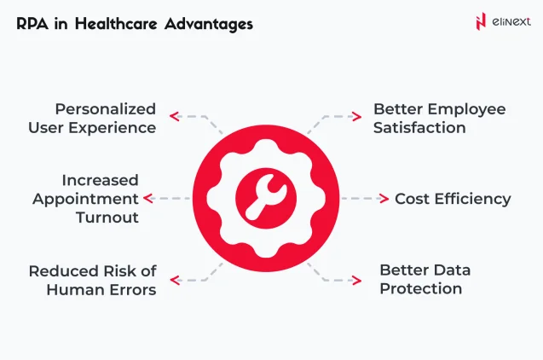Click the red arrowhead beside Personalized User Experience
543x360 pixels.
click(173, 114)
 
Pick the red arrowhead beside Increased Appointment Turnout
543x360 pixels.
click(148, 199)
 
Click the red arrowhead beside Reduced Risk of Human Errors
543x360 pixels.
click(173, 279)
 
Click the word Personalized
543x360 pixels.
click(106, 109)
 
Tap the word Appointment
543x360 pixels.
click(85, 199)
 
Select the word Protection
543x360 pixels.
click(420, 289)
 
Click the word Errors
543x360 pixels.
click(133, 290)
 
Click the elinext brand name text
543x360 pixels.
click(511, 21)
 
